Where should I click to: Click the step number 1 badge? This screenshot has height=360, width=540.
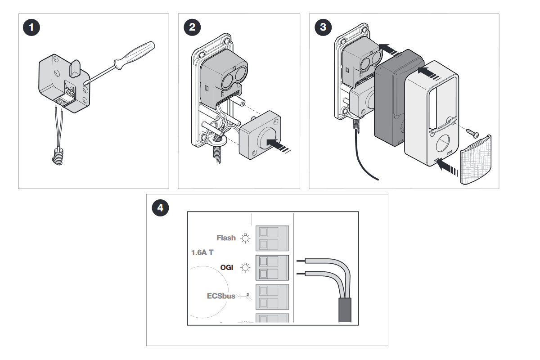(x=31, y=27)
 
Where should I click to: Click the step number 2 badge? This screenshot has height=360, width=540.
(x=192, y=27)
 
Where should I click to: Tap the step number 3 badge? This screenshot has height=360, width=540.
(x=322, y=27)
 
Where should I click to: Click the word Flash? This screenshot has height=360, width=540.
(x=226, y=238)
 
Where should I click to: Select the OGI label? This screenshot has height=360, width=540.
(x=226, y=268)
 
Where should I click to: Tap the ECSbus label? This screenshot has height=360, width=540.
(x=221, y=296)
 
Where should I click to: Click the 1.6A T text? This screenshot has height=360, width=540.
(x=202, y=253)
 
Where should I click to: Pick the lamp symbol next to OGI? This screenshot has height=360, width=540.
(x=245, y=268)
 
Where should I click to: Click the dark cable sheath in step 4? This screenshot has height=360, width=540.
(x=345, y=310)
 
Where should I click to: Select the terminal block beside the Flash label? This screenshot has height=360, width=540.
(x=272, y=238)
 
